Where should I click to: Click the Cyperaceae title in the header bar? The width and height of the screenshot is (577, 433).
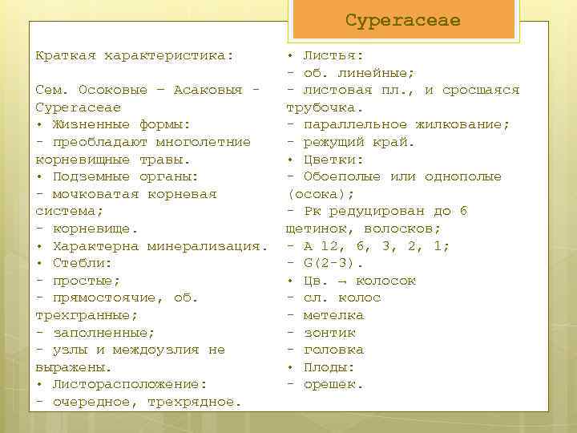(x=403, y=20)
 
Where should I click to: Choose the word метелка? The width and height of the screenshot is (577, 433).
(x=333, y=315)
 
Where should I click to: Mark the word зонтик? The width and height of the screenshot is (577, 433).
(x=329, y=333)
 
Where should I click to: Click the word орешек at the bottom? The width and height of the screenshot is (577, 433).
(x=333, y=384)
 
